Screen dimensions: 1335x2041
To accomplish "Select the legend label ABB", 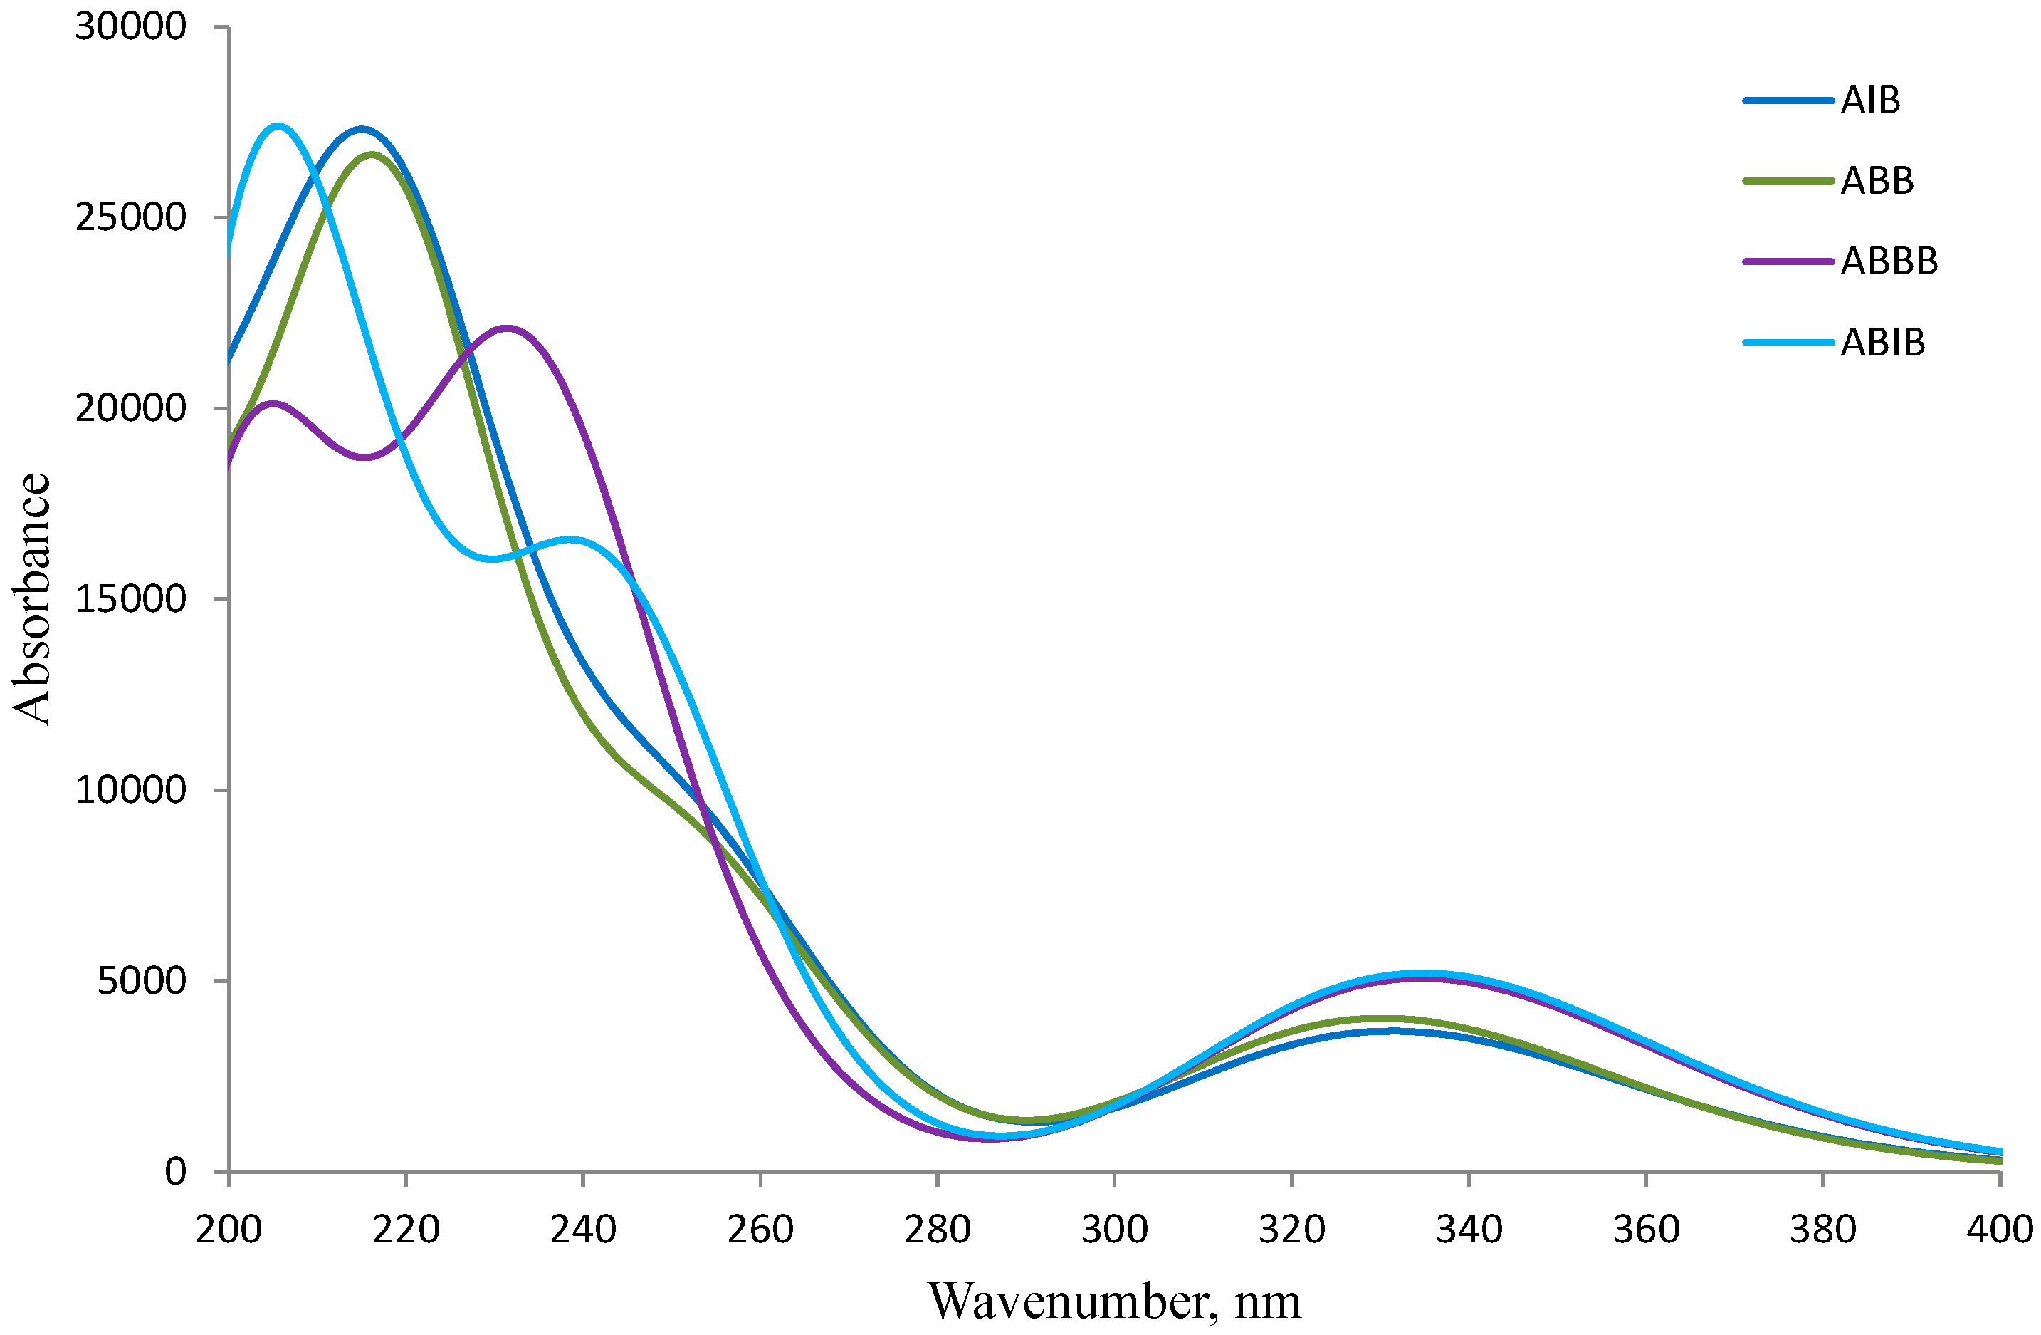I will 1877,181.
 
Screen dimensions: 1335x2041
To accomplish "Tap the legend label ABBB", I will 1889,261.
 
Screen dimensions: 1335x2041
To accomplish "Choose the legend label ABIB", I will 1882,343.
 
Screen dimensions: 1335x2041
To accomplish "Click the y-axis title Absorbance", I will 33,599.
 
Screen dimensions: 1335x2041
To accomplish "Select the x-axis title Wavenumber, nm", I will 1114,1302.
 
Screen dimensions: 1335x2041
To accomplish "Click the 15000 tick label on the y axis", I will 130,599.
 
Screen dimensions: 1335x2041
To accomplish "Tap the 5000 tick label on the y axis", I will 142,981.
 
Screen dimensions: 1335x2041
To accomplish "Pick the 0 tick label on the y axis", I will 175,1171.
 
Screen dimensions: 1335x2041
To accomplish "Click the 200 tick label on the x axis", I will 228,1230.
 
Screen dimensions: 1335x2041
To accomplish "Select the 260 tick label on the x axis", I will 760,1230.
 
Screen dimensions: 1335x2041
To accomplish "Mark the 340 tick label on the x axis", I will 1468,1230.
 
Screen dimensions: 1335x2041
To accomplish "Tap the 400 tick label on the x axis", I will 1998,1230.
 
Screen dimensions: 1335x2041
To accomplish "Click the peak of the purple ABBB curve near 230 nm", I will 508,328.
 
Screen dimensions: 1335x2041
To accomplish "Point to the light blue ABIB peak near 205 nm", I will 278,126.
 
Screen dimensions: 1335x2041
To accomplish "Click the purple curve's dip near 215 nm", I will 365,457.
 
